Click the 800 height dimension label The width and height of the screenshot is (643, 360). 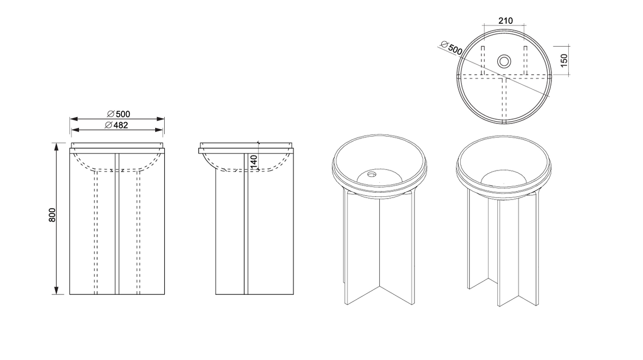pyautogui.click(x=52, y=215)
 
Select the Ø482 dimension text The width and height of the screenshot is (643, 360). pyautogui.click(x=116, y=125)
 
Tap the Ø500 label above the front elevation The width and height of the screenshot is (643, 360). pyautogui.click(x=119, y=114)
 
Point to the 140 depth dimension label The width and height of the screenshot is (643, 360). pyautogui.click(x=254, y=162)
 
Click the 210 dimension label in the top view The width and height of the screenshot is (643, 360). pyautogui.click(x=505, y=21)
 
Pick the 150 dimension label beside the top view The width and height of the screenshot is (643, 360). pyautogui.click(x=564, y=60)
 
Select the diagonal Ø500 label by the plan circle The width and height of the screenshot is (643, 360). pyautogui.click(x=452, y=48)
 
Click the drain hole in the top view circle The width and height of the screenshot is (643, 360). pyautogui.click(x=504, y=61)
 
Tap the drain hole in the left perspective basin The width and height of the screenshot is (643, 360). pyautogui.click(x=372, y=174)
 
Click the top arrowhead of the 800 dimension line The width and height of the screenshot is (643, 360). pyautogui.click(x=57, y=147)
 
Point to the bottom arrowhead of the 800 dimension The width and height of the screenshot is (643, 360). pyautogui.click(x=57, y=290)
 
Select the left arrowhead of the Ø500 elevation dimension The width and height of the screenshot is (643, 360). pyautogui.click(x=74, y=119)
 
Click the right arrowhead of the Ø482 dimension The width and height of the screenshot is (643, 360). pyautogui.click(x=159, y=130)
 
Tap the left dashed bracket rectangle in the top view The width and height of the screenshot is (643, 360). pyautogui.click(x=483, y=60)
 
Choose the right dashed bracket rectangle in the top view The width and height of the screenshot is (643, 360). pyautogui.click(x=525, y=60)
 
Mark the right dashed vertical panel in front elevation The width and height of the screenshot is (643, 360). pyautogui.click(x=138, y=232)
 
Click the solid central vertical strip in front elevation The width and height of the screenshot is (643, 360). pyautogui.click(x=117, y=224)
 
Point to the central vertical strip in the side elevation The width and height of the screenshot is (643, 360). pyautogui.click(x=246, y=224)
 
